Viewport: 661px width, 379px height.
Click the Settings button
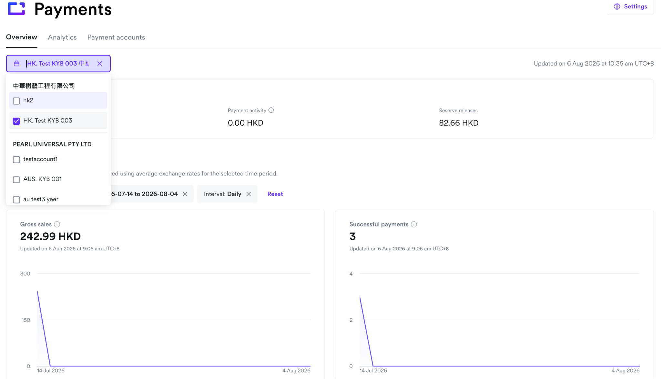[630, 6]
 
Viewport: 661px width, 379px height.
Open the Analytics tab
[62, 37]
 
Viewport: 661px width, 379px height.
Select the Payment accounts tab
[116, 37]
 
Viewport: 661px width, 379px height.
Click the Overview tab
[22, 37]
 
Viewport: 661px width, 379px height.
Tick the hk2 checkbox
[16, 101]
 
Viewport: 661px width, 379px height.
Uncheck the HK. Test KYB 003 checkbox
[16, 121]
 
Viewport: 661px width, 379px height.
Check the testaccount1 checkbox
[16, 160]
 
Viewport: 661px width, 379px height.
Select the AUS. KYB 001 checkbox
[16, 180]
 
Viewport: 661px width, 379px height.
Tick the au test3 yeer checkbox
[16, 200]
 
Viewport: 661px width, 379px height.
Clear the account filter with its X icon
[100, 64]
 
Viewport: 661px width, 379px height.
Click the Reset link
[275, 194]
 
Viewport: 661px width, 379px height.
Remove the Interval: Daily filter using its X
[249, 194]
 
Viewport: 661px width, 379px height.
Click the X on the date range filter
[185, 194]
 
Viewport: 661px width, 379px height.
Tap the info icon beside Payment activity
[271, 110]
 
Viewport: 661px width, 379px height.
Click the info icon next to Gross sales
[57, 224]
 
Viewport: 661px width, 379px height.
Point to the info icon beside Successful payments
[414, 224]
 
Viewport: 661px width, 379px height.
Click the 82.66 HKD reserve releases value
[459, 123]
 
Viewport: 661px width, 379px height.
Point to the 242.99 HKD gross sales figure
[50, 236]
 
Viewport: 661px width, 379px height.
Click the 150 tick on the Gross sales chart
[26, 320]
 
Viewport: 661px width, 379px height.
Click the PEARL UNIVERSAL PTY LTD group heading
[52, 144]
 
